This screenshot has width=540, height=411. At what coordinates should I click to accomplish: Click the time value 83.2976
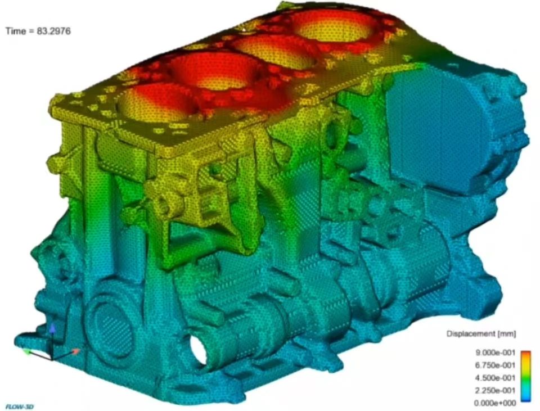tap(53, 31)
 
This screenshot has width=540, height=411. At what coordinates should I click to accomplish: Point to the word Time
tap(16, 31)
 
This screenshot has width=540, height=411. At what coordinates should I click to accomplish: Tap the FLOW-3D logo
tap(19, 407)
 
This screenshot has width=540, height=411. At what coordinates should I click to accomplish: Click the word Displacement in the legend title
tap(470, 333)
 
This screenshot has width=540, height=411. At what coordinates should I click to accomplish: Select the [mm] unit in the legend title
tap(506, 333)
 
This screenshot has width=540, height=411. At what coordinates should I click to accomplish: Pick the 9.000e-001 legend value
tap(495, 353)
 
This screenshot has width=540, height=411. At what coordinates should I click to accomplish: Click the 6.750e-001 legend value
tap(495, 365)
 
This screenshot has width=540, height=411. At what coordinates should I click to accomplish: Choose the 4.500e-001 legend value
tap(495, 378)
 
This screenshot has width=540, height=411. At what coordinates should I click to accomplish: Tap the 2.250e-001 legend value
tap(495, 390)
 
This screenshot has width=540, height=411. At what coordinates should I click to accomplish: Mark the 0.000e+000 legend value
tap(495, 403)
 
